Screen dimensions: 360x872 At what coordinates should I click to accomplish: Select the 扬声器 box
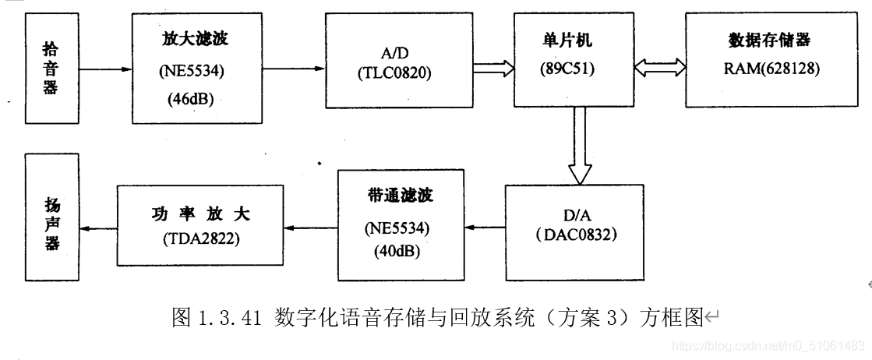51,221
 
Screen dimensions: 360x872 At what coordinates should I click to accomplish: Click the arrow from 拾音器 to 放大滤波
105,69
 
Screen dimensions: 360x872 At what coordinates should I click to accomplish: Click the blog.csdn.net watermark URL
768,344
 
